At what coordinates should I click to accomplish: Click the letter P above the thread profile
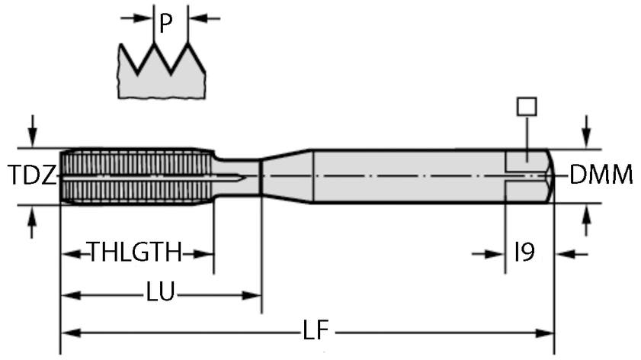[165, 24]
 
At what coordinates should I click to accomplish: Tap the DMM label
[601, 176]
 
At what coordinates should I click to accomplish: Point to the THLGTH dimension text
[135, 252]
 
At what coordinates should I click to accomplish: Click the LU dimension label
[161, 293]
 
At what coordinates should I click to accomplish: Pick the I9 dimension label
[524, 252]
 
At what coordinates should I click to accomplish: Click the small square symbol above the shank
[526, 106]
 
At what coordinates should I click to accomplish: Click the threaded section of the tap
[133, 176]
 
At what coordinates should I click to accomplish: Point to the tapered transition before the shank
[286, 176]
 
